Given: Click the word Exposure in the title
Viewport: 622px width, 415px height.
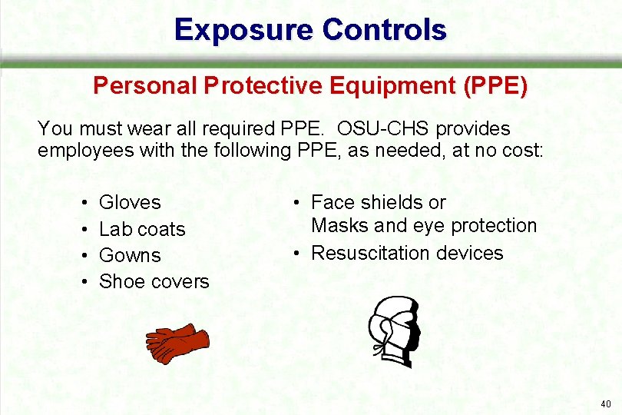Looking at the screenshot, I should click(243, 30).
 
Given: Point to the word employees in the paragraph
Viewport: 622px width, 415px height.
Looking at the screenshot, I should click(85, 150).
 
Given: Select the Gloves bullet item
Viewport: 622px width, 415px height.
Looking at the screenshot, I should click(130, 202).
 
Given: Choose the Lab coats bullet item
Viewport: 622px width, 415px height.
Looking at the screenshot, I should click(142, 229).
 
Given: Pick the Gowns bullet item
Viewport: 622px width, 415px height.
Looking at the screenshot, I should click(130, 255).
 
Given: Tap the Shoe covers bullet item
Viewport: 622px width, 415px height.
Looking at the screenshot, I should click(154, 281).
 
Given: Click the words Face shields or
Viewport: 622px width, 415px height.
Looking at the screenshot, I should click(378, 202).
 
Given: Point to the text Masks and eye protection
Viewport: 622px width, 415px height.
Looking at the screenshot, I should click(423, 225).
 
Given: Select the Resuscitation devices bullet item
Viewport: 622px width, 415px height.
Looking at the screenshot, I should click(406, 253).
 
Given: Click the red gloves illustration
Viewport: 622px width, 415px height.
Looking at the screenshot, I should click(177, 343).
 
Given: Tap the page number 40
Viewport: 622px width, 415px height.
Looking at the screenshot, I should click(606, 403).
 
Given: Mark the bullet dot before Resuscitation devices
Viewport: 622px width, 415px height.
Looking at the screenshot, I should click(294, 254).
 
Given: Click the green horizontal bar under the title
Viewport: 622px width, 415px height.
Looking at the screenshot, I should click(311, 65).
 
